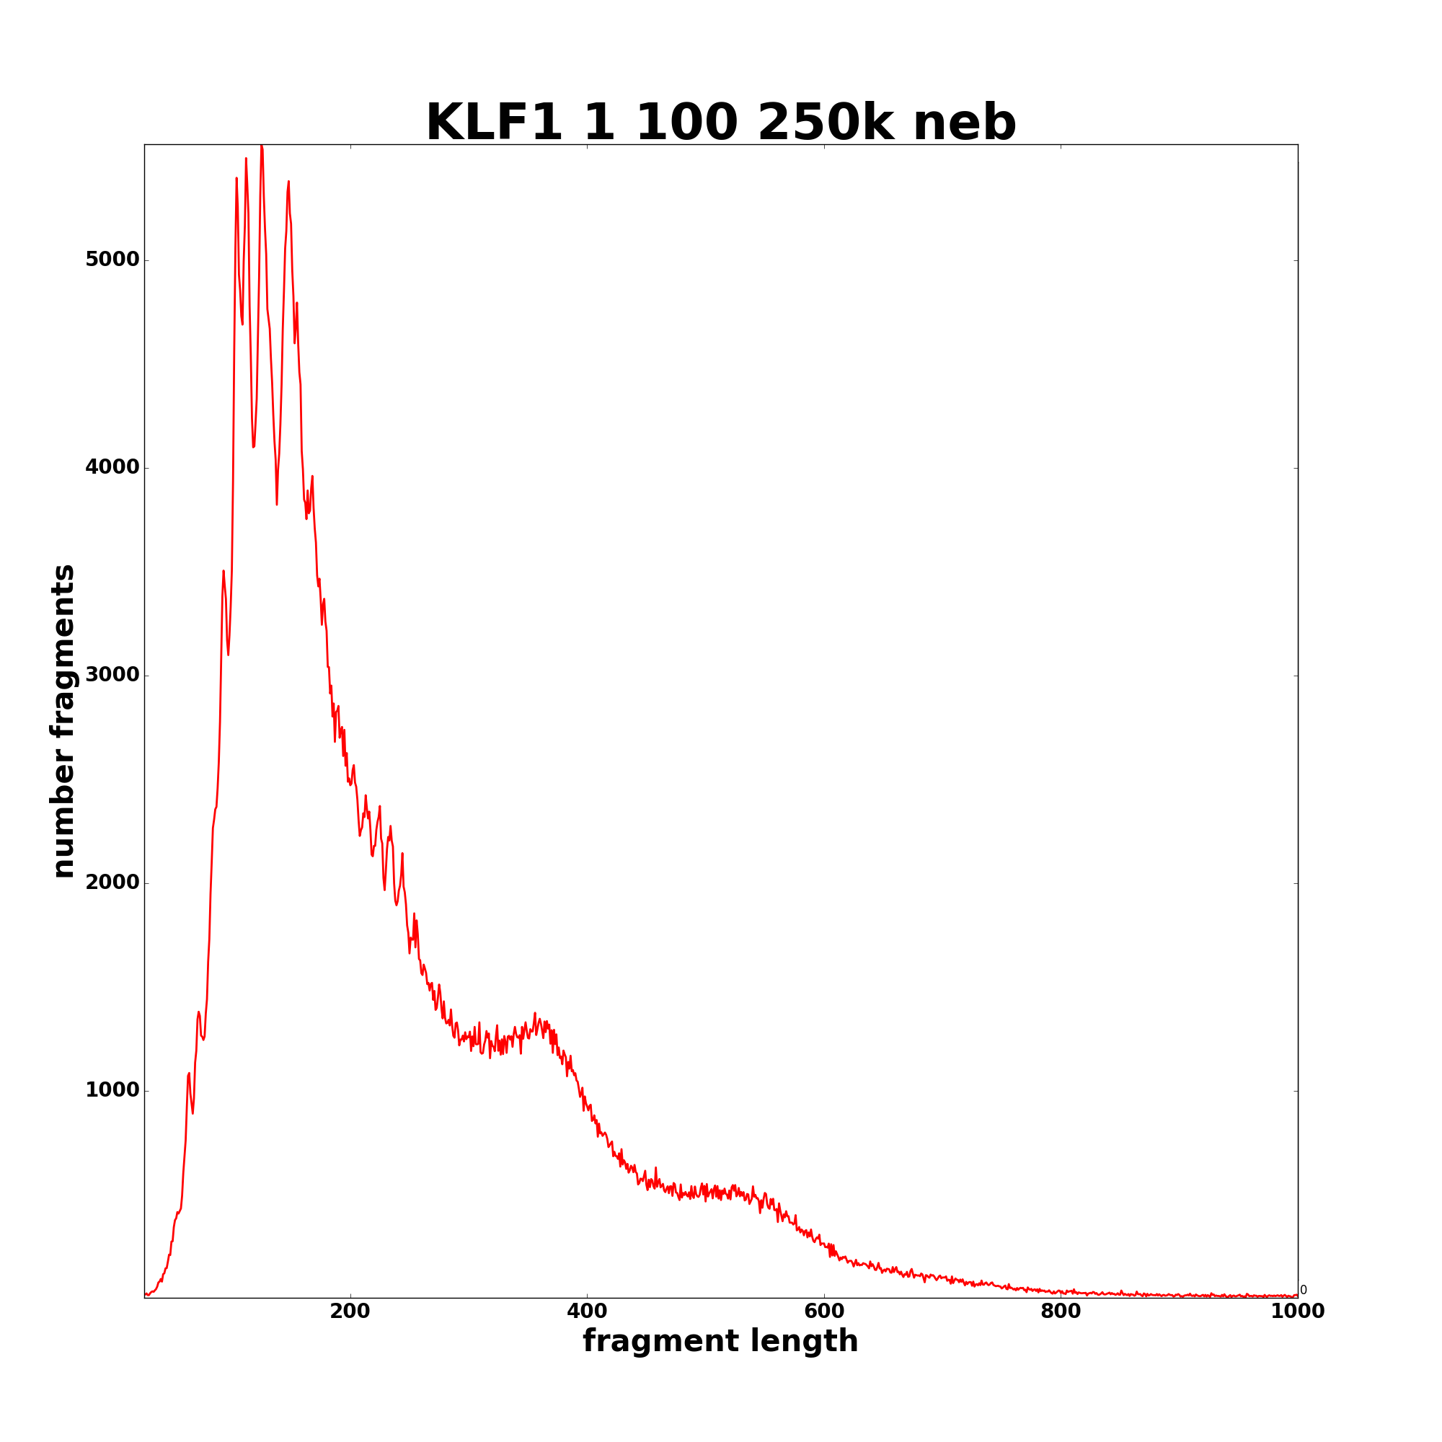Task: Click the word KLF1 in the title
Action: click(x=493, y=123)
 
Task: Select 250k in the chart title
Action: click(x=826, y=123)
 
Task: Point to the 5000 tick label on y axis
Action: click(x=112, y=260)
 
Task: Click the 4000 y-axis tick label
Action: click(x=112, y=467)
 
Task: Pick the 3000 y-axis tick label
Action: click(x=112, y=675)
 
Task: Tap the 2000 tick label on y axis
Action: click(x=112, y=883)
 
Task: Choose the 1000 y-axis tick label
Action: click(x=112, y=1089)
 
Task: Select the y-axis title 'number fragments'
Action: click(x=63, y=721)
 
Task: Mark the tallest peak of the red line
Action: click(x=261, y=147)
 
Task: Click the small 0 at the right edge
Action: click(x=1303, y=1290)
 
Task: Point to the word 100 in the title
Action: click(x=686, y=123)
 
